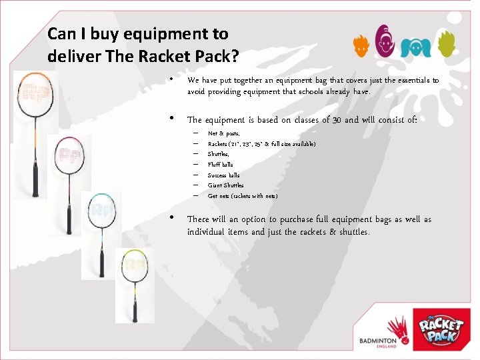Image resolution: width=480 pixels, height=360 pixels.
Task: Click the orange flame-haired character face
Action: click(361, 47)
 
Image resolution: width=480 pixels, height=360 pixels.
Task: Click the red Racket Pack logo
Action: click(441, 329)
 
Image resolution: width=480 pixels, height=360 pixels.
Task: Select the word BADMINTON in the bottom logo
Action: click(377, 340)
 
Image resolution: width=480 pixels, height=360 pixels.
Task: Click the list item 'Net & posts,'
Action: click(223, 133)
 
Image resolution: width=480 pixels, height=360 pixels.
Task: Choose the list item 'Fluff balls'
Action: click(221, 165)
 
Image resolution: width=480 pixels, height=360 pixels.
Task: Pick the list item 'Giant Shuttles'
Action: click(225, 185)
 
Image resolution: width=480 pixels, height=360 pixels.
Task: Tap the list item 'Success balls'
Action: click(223, 175)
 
